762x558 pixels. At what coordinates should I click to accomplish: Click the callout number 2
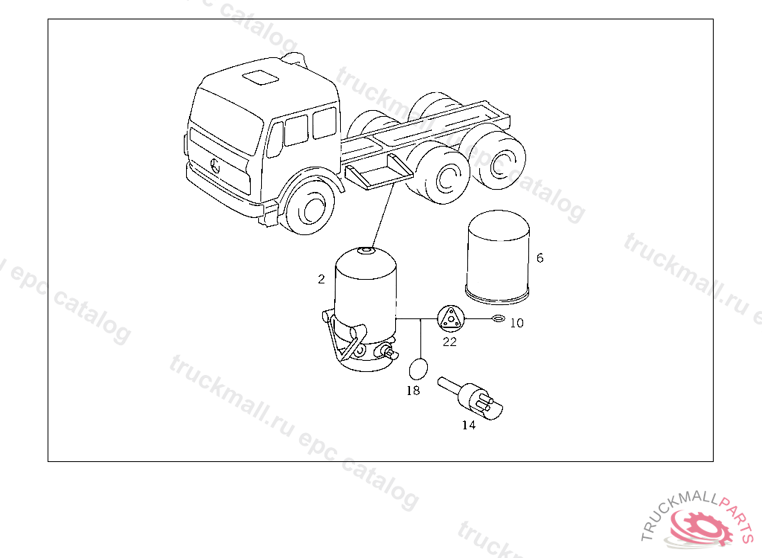321,279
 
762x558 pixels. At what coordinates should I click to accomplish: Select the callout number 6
540,258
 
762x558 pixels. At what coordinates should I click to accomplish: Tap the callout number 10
516,323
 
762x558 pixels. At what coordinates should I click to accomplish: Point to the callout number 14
469,426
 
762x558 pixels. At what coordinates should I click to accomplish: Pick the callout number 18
413,391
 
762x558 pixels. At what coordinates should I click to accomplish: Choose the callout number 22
449,342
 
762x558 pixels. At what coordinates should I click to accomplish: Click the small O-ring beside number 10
499,319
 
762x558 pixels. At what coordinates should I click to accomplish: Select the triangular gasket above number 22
451,319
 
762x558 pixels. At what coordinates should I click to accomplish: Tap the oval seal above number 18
418,369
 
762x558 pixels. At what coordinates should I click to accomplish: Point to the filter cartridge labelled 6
498,257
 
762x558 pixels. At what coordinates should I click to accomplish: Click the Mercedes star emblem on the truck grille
215,166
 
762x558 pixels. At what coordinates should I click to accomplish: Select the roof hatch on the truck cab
260,78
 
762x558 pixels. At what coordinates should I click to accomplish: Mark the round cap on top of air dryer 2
365,250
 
